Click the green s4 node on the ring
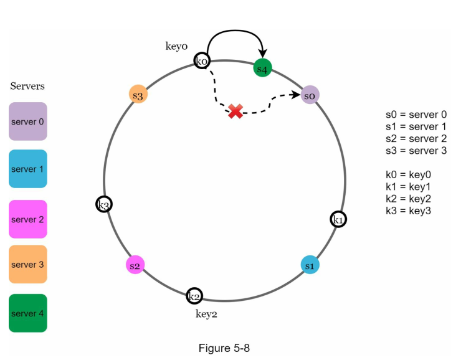(x=262, y=68)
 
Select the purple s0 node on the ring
(x=310, y=95)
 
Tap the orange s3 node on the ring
(x=138, y=95)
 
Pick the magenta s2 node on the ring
(x=135, y=265)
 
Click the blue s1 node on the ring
(x=310, y=265)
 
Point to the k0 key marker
(x=202, y=61)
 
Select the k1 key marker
(x=338, y=219)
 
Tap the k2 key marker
(x=194, y=295)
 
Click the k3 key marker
(x=104, y=204)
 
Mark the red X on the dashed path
(x=235, y=111)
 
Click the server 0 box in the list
(x=28, y=121)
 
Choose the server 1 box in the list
(x=28, y=169)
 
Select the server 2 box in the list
(x=28, y=219)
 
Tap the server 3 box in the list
(x=28, y=264)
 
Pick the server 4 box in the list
(x=28, y=313)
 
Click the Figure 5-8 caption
(x=224, y=348)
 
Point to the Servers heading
(x=27, y=87)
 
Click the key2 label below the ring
(x=207, y=314)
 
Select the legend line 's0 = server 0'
(x=416, y=115)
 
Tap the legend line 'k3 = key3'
(x=409, y=211)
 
